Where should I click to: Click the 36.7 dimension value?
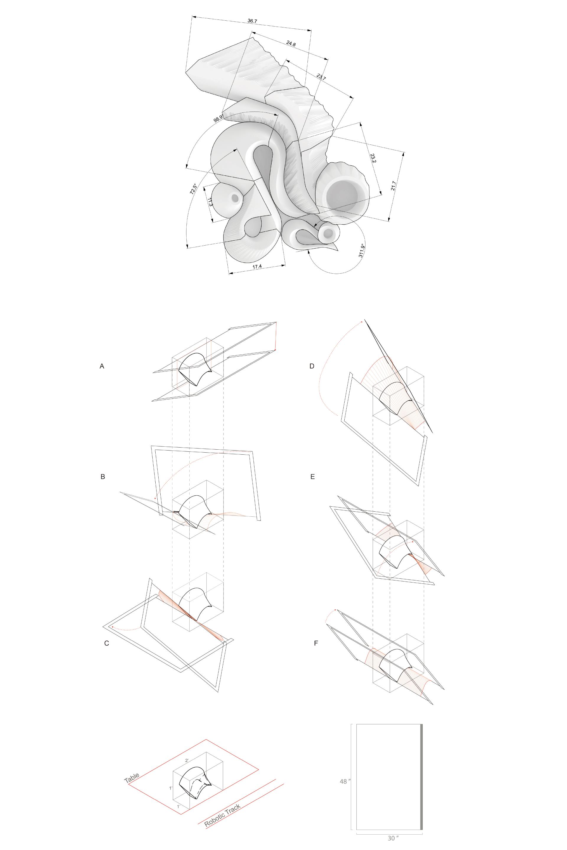coord(252,21)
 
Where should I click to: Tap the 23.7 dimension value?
coord(321,77)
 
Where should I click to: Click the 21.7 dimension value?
coord(393,185)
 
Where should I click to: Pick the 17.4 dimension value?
coord(257,267)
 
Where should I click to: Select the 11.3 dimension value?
coord(210,201)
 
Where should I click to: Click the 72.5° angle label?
coord(193,189)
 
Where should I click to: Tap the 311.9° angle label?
coord(361,250)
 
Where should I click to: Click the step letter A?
coord(102,366)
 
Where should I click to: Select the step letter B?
coord(103,477)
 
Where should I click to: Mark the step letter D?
coord(312,366)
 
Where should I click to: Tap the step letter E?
coord(313,477)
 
